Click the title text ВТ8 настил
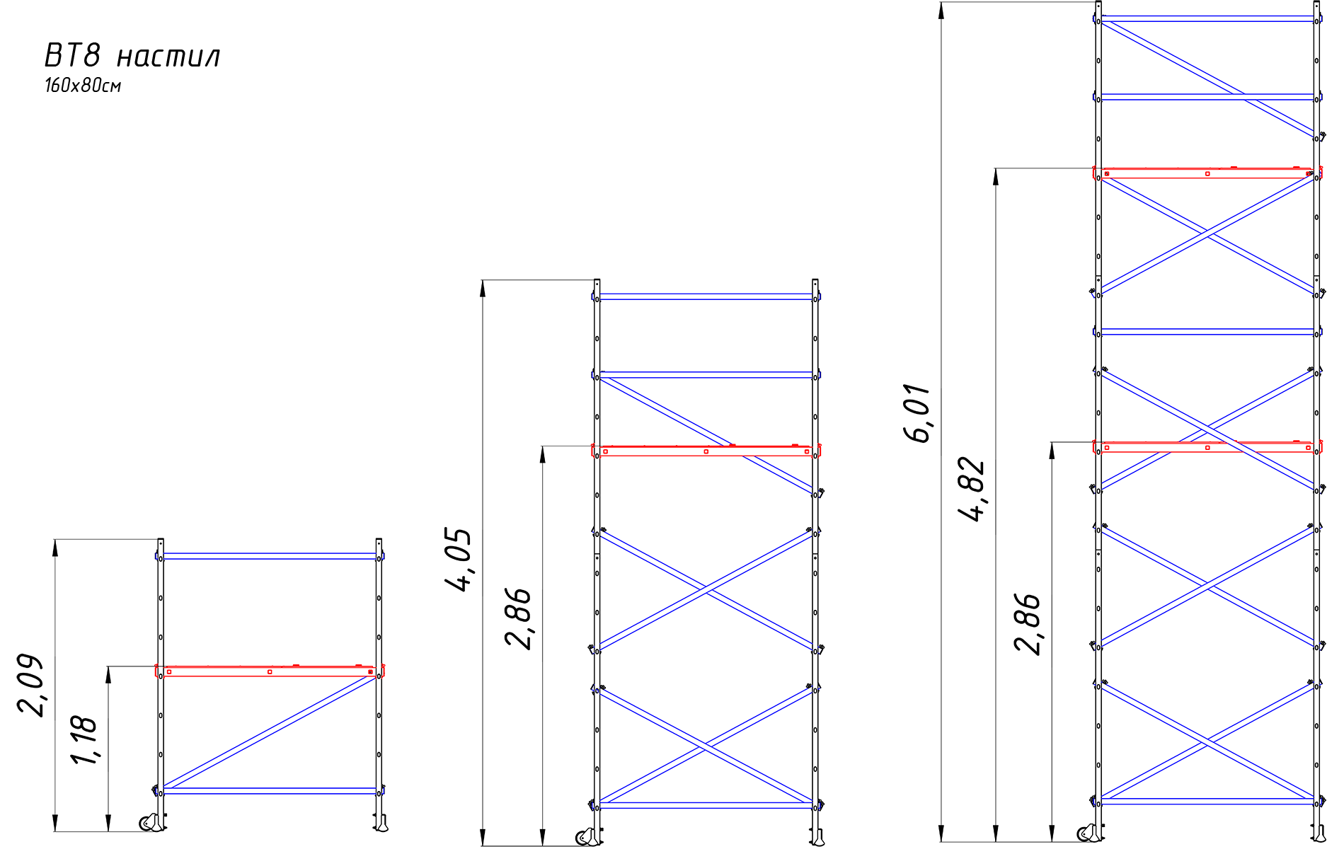click(x=132, y=55)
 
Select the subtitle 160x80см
click(x=83, y=86)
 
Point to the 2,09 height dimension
click(x=30, y=686)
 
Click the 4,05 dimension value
click(x=458, y=559)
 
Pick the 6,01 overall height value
click(x=917, y=413)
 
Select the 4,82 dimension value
click(x=971, y=489)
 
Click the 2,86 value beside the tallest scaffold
click(x=1027, y=623)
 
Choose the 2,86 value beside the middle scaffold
click(x=517, y=618)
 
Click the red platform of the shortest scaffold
click(x=270, y=671)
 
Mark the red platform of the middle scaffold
click(x=706, y=450)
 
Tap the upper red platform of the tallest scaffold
click(x=1207, y=173)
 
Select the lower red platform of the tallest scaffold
click(x=1207, y=446)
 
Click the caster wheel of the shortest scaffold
click(x=149, y=823)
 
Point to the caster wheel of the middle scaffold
click(x=586, y=837)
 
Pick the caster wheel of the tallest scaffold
click(x=1087, y=833)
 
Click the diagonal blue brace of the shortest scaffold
click(x=270, y=731)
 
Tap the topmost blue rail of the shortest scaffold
click(x=270, y=556)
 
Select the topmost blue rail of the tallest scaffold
click(x=1207, y=18)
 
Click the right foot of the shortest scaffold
click(x=381, y=824)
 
